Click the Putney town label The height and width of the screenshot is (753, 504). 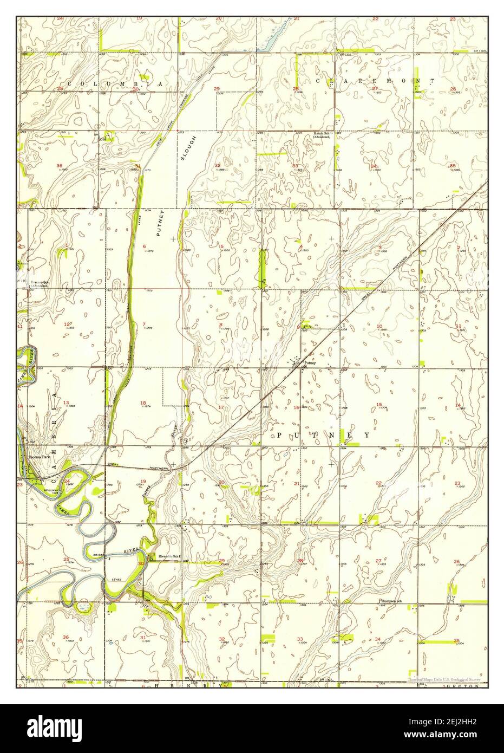coord(309,363)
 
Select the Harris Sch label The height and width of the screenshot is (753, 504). coord(320,133)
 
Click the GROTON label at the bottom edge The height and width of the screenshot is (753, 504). coord(466,685)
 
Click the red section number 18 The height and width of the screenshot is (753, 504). coord(143,403)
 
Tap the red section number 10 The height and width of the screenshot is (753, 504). coord(379,326)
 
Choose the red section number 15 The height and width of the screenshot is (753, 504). coord(379,405)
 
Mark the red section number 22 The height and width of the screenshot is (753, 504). coord(379,483)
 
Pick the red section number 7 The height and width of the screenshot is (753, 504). coord(143,324)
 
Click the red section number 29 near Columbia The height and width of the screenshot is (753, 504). coord(217,88)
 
